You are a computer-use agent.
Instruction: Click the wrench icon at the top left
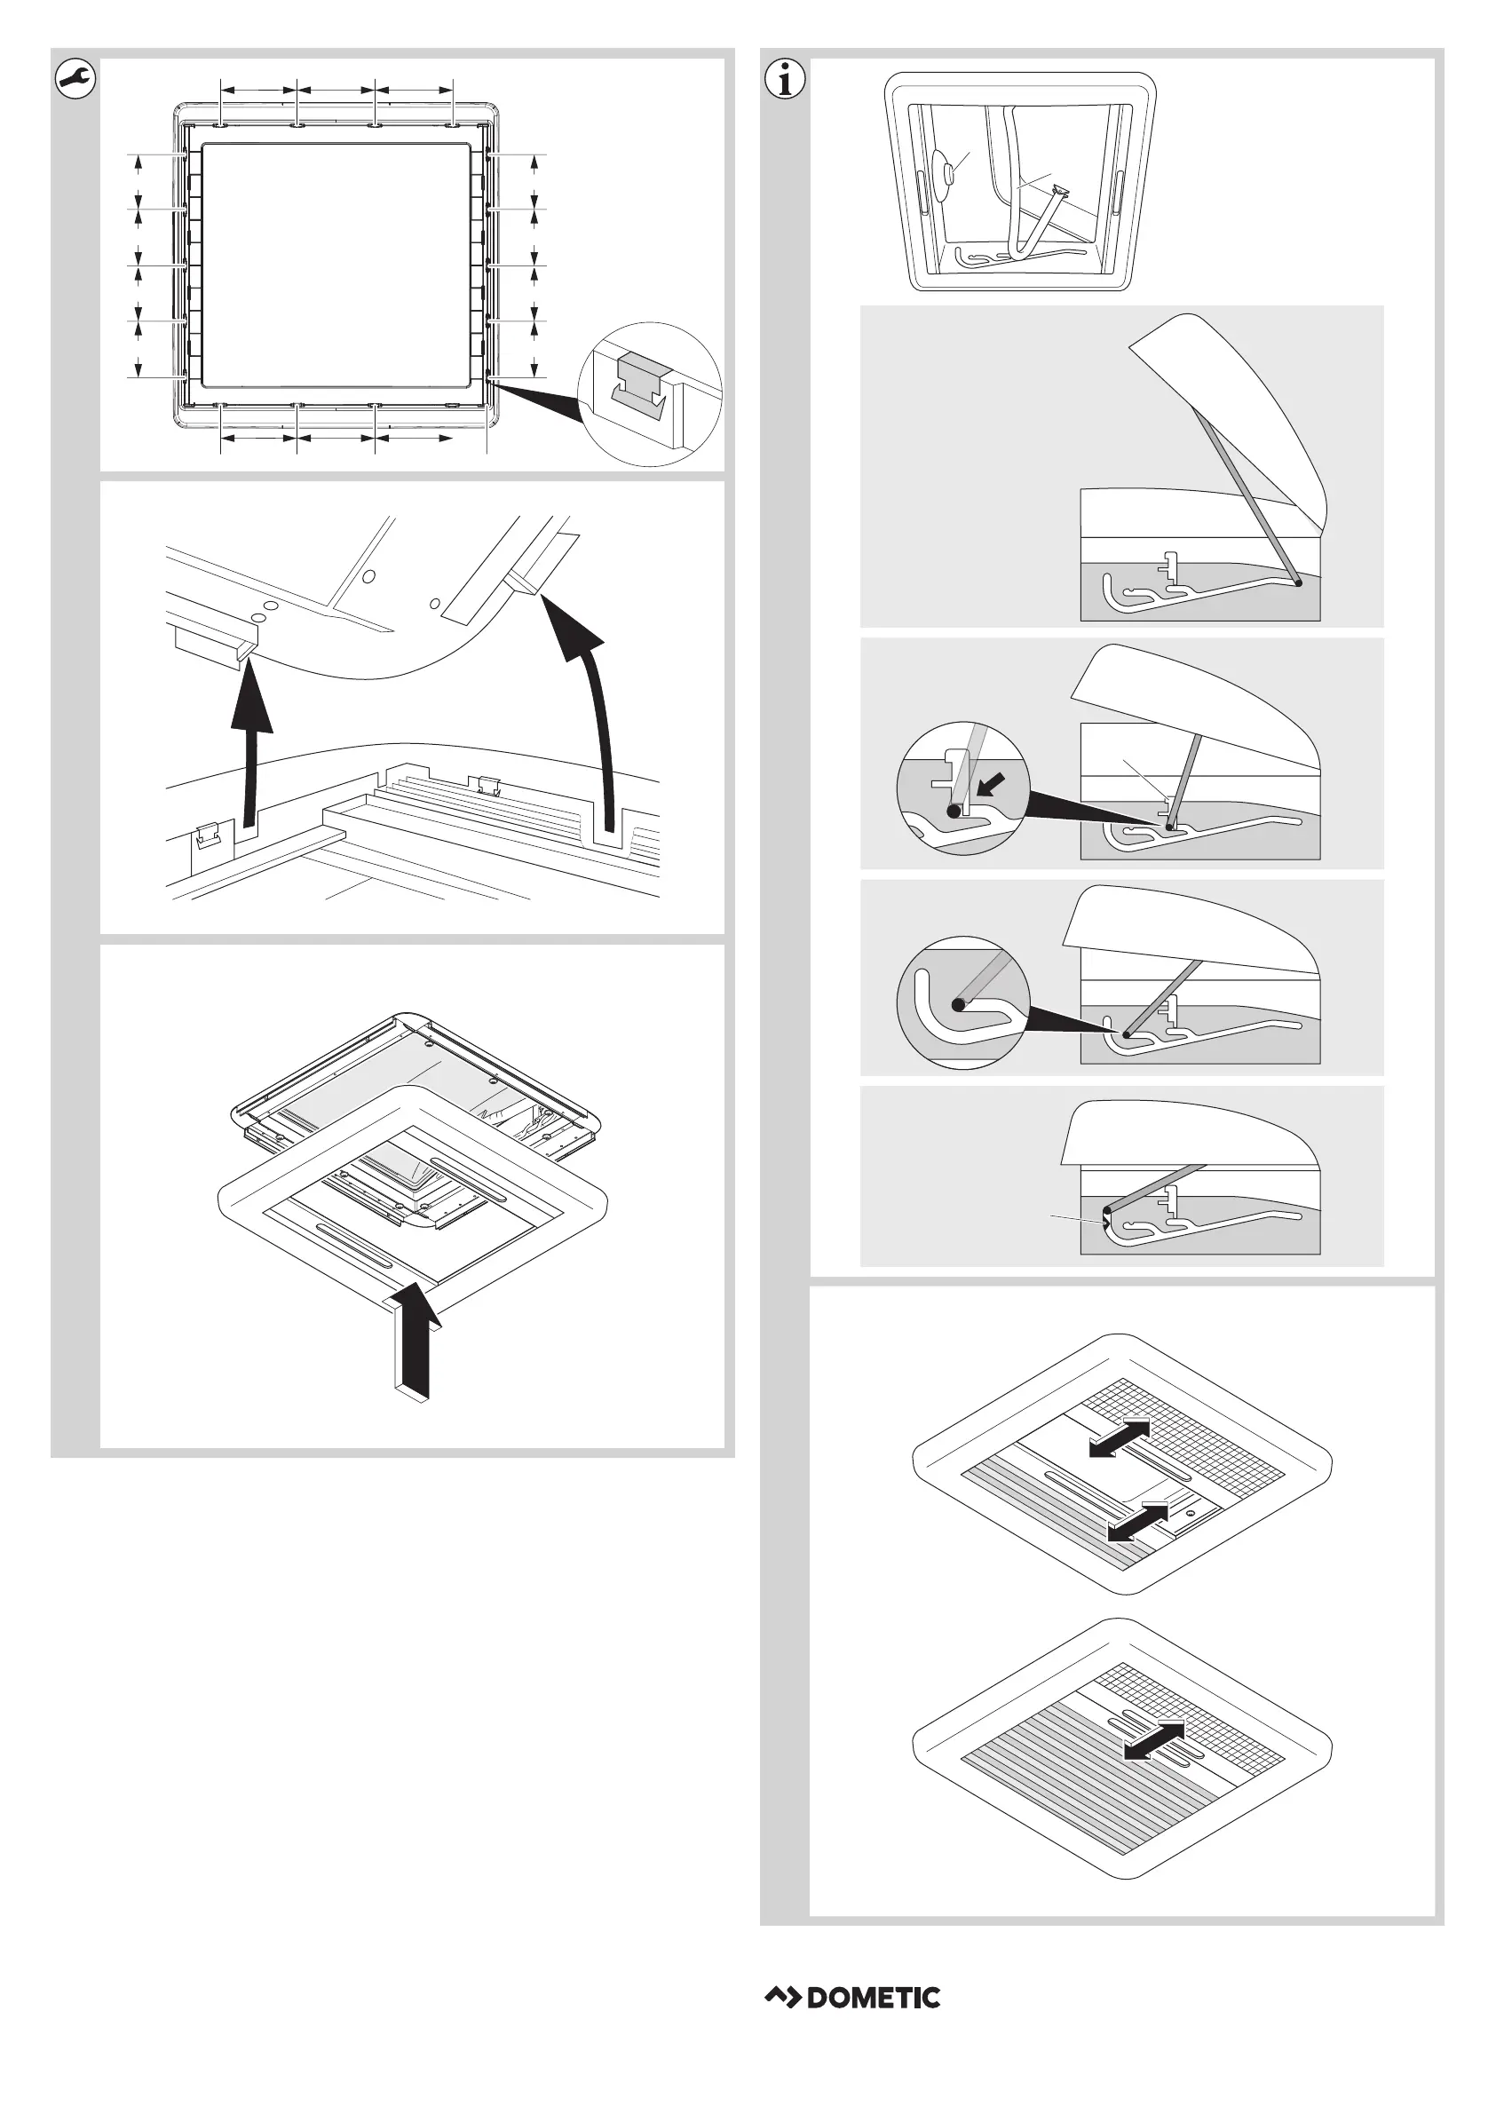pos(75,79)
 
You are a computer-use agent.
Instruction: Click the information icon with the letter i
pos(785,79)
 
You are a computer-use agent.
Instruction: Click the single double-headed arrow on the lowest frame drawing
pos(1154,1740)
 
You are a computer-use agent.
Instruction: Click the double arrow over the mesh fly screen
pos(1120,1437)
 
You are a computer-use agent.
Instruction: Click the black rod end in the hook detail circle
pos(959,1005)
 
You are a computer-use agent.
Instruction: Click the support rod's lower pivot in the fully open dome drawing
pos(1297,582)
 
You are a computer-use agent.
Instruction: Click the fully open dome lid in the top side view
pos(1234,405)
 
